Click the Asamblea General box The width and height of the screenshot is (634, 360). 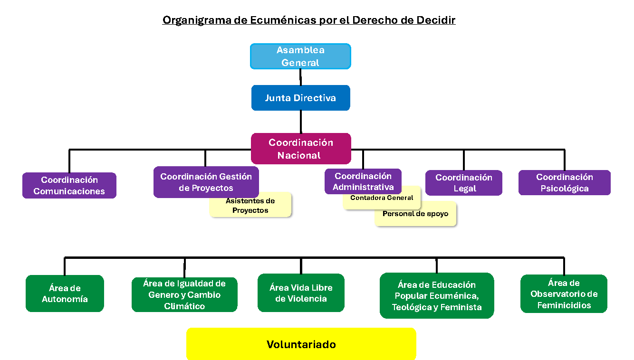[x=300, y=56]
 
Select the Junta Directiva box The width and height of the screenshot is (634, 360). [x=300, y=98]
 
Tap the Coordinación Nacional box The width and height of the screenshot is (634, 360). [x=300, y=149]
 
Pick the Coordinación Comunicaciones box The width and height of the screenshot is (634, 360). [x=69, y=185]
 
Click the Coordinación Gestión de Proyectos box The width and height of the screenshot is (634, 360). [x=206, y=181]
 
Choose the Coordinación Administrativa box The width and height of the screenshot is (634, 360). [x=363, y=181]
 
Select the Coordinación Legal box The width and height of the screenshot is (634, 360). [x=463, y=183]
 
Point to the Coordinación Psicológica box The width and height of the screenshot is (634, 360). [x=564, y=182]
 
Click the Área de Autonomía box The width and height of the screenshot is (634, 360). [x=65, y=294]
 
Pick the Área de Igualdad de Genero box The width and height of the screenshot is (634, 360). [x=184, y=295]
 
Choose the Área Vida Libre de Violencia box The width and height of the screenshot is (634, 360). [x=301, y=293]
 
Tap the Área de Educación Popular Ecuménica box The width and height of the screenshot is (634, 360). [x=437, y=296]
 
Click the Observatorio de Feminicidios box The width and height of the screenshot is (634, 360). [x=564, y=294]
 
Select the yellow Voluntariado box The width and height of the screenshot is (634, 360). [x=301, y=344]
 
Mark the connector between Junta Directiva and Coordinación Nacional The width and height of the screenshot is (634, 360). [x=301, y=122]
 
